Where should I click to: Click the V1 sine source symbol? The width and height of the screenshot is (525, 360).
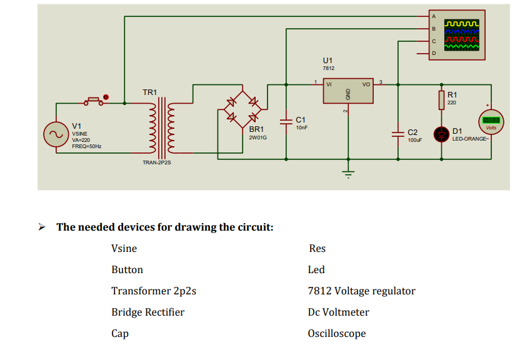point(53,134)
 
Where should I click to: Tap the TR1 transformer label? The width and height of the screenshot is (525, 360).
point(150,92)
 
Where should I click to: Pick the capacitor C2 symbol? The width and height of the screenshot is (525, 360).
point(397,133)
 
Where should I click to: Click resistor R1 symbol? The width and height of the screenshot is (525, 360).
point(442,100)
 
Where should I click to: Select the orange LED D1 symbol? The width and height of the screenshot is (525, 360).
point(442,133)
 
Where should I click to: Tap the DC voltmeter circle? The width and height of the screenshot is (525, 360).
point(491,120)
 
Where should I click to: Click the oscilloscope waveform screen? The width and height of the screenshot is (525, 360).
point(462,35)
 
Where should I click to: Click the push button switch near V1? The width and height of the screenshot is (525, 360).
point(95,101)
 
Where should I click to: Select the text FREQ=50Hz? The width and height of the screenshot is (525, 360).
point(87,146)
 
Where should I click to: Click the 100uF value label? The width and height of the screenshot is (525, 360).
point(414,140)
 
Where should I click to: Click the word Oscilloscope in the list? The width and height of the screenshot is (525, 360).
point(336,333)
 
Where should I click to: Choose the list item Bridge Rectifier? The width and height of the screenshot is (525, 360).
point(147,312)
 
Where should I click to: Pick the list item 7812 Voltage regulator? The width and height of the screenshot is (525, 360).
point(361,291)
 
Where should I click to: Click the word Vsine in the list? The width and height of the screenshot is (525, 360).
point(124,248)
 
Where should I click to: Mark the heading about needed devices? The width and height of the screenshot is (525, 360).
point(165,226)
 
